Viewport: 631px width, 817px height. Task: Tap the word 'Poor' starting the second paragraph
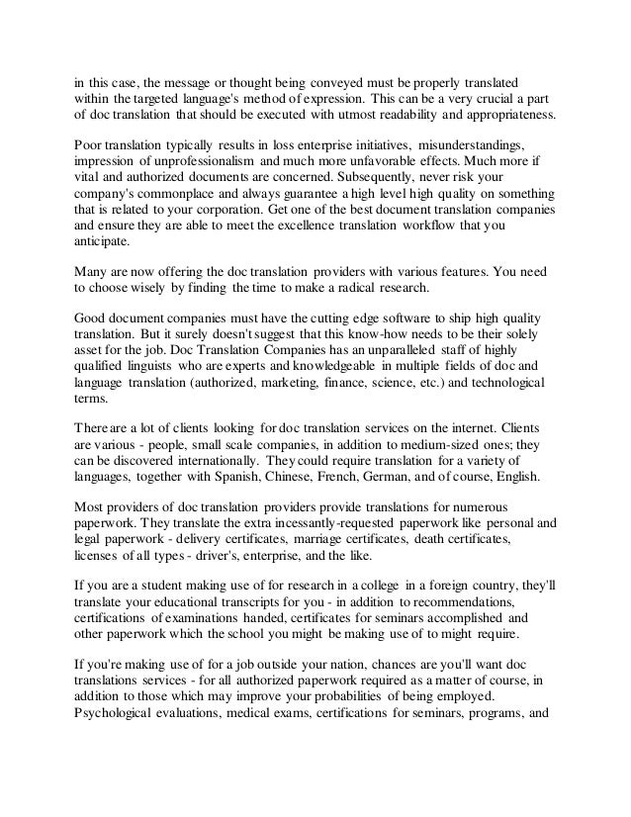click(89, 144)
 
